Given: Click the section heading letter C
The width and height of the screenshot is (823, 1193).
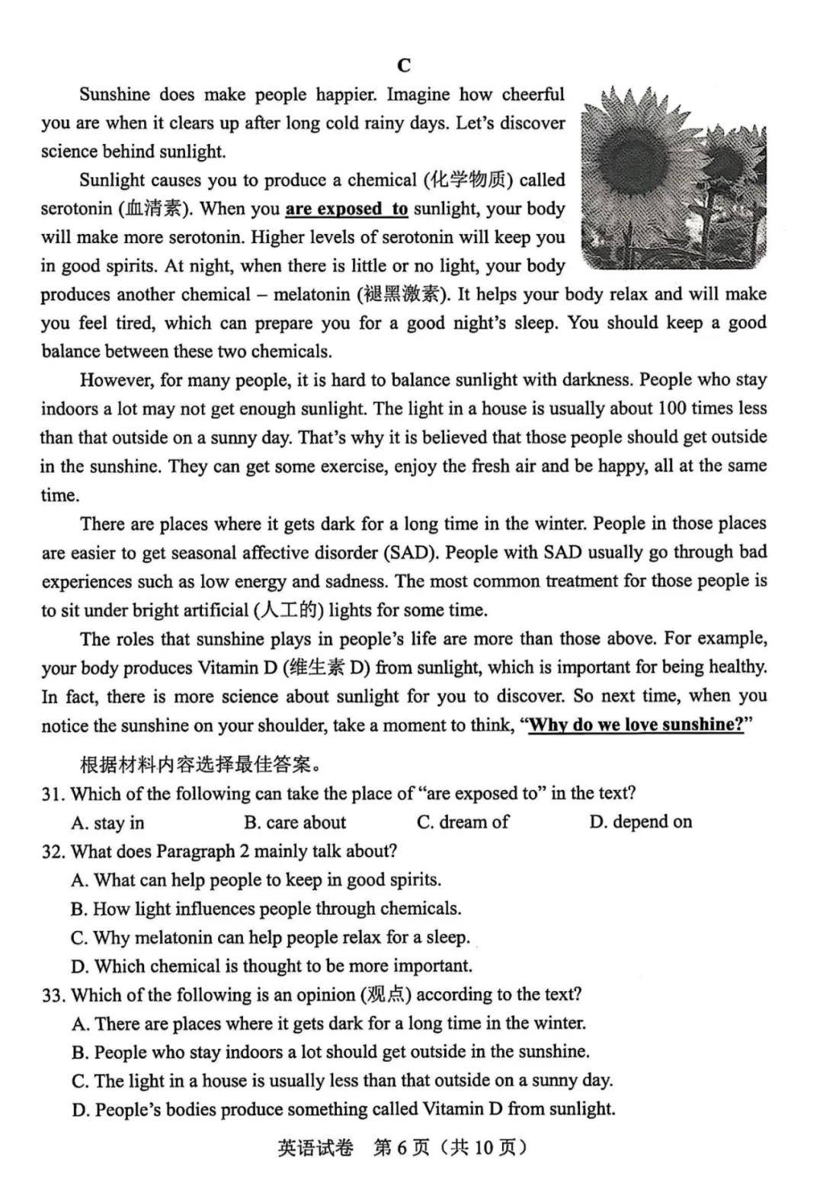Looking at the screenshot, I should point(404,66).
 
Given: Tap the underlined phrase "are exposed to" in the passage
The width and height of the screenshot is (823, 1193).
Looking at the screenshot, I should point(347,209).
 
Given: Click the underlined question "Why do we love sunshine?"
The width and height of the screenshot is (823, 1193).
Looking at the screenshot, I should point(636,724).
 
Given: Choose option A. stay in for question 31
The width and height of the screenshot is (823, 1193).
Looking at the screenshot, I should point(107,823).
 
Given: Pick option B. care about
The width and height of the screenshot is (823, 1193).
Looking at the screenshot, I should point(295,823).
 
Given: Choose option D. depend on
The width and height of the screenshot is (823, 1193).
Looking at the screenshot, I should point(640,822).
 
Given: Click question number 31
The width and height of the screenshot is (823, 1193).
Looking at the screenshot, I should point(53,794).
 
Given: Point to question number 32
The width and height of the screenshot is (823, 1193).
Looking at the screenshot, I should point(53,851).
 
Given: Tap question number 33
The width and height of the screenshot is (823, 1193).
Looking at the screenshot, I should point(53,995).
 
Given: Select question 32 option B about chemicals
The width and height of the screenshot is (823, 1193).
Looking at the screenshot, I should point(266,909).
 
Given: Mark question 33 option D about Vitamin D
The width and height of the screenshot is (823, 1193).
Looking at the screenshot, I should point(343,1109).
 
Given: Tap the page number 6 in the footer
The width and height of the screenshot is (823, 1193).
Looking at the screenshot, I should point(402,1148).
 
